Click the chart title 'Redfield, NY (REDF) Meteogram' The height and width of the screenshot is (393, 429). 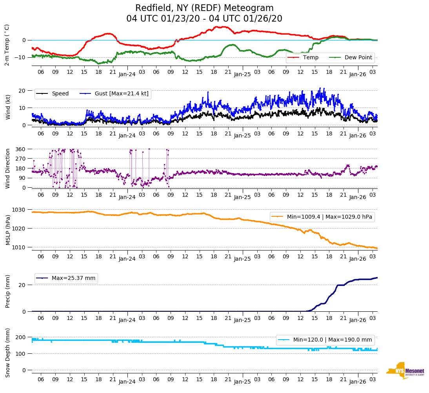[x=204, y=8]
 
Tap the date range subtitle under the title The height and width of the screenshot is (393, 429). [x=204, y=19]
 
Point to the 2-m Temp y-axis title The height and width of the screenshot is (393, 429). [x=7, y=45]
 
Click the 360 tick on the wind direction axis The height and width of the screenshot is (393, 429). [x=21, y=149]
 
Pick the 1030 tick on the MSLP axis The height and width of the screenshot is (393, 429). [x=19, y=210]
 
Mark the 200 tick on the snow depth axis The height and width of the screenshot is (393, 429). [x=21, y=337]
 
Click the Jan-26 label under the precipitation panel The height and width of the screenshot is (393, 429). [x=357, y=320]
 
